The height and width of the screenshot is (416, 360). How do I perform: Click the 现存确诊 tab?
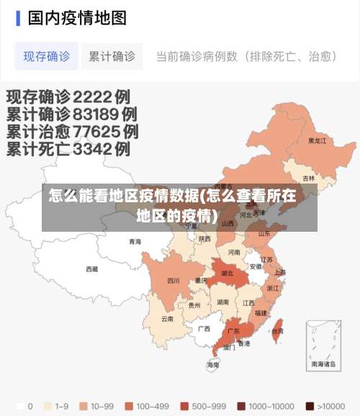coord(47,56)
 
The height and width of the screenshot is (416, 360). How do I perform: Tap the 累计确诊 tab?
coord(112,56)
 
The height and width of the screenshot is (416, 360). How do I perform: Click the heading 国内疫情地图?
coord(77,17)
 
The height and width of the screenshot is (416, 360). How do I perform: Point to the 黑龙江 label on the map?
coord(317,141)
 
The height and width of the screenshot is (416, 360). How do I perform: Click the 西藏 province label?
coord(91,269)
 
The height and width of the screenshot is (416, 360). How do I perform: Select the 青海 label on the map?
coord(135,242)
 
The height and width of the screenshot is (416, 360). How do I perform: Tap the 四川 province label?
coord(174,281)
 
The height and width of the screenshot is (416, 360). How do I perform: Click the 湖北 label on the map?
coord(227,273)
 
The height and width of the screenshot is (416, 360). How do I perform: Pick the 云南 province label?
coord(167,318)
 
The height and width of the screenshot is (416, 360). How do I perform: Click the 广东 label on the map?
coord(233,332)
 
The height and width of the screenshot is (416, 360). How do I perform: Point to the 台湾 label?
coord(277,331)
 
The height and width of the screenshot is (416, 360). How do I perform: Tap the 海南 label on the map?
coord(213,365)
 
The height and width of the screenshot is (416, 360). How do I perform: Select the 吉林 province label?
coord(309,178)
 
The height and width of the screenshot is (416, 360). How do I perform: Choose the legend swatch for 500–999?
coord(184,406)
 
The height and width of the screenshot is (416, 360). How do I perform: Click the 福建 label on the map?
coord(261,313)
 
